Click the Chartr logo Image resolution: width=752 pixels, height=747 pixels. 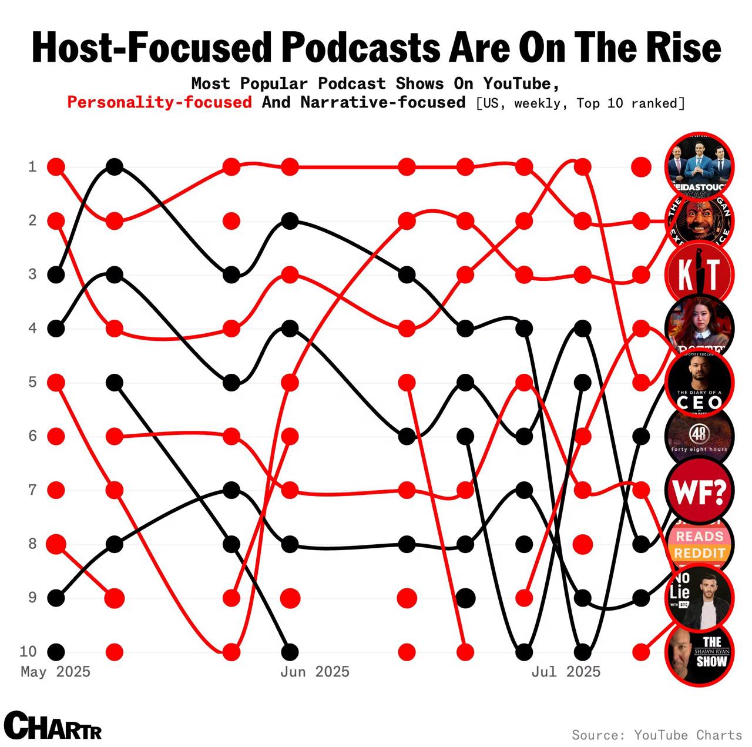[x=53, y=726]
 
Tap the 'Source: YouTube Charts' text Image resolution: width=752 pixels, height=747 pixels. [x=657, y=735]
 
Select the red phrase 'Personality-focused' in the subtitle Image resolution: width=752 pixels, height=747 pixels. [x=159, y=102]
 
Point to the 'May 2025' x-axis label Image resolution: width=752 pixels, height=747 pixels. [x=56, y=672]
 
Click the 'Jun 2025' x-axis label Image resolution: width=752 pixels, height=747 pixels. [x=315, y=672]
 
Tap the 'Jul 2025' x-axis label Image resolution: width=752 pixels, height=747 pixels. [x=566, y=672]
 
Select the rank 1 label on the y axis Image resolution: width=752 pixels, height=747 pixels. [x=32, y=167]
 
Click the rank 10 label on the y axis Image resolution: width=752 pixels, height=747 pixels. [x=28, y=651]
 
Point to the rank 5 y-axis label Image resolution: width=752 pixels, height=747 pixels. [x=32, y=382]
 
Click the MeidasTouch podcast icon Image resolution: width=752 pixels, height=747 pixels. [x=699, y=166]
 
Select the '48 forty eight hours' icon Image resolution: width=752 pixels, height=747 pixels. [x=699, y=436]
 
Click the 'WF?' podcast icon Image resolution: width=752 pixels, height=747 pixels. [x=699, y=490]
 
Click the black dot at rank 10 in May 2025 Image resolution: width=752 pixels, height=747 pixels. [x=56, y=652]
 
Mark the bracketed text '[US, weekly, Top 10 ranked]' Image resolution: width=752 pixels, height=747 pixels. [x=580, y=103]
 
